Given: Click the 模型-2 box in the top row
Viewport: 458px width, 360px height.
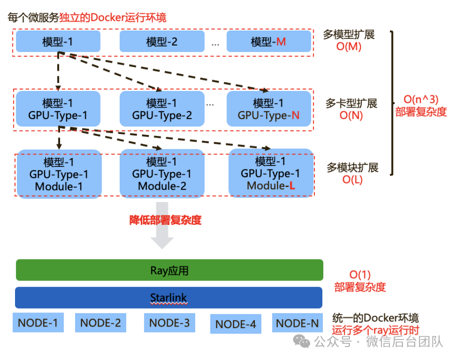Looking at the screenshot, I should click(162, 41).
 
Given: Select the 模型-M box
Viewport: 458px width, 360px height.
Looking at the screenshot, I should click(268, 41).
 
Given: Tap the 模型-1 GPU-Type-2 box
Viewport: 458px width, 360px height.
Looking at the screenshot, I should click(162, 109).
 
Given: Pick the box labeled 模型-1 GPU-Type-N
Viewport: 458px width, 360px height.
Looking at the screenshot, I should click(268, 109).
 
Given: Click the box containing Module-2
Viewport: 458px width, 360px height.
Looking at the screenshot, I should click(162, 173).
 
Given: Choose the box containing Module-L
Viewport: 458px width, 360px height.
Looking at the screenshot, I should click(271, 173).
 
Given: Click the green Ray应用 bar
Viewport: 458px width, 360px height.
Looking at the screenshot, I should click(169, 270).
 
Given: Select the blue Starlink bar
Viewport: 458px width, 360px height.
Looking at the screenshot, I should click(169, 297).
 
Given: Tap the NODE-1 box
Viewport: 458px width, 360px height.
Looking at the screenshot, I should click(38, 323).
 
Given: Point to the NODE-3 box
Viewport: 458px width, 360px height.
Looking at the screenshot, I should click(169, 323).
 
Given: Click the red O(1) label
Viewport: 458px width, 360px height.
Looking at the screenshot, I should click(360, 275).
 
